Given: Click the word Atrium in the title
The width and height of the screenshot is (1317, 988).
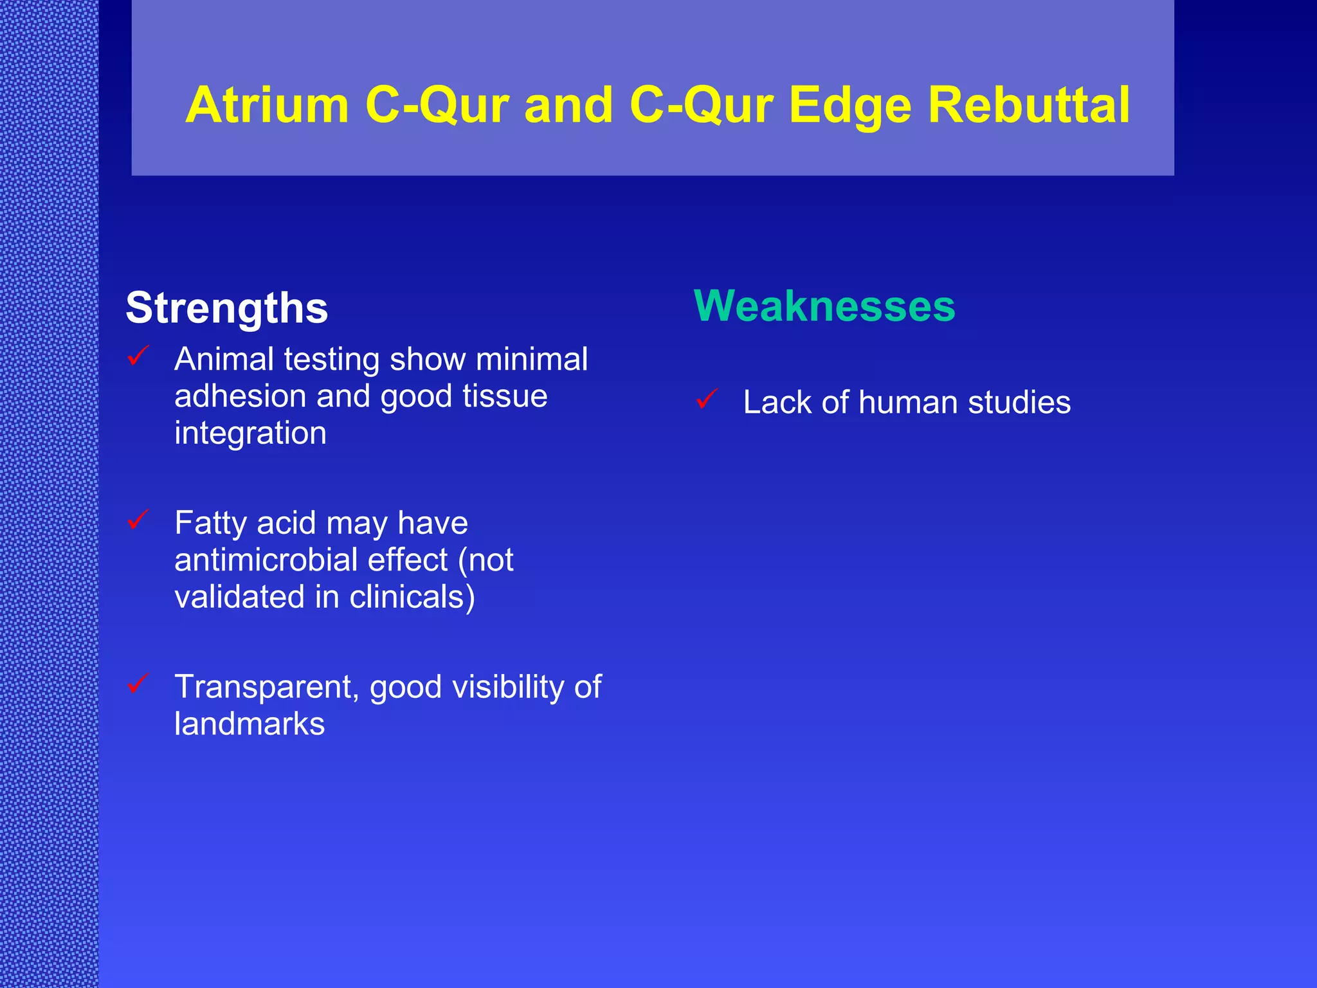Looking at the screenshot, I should point(267,105).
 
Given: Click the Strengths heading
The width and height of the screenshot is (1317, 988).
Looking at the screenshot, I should point(226,308).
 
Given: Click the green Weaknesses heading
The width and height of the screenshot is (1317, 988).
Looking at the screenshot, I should point(824,306).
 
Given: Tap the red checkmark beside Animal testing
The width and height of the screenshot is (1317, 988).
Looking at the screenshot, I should point(138,356).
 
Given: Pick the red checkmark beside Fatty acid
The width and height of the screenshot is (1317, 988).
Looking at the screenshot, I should point(138,519).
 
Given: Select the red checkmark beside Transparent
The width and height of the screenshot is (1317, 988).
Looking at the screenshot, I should point(138,683).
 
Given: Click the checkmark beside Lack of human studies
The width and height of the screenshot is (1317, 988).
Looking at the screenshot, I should point(707,399).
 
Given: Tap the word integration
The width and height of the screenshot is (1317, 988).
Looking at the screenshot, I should point(250,433).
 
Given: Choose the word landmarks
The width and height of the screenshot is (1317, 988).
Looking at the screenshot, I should point(250,724).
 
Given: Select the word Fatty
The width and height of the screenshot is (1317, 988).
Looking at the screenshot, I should point(210,523).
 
